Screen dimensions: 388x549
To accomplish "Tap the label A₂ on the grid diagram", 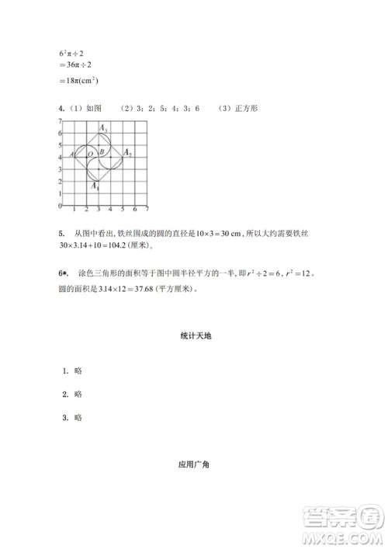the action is tap(127, 155).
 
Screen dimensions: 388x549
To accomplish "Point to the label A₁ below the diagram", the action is tap(95, 186).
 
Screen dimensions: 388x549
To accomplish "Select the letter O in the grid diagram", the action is tap(91, 155).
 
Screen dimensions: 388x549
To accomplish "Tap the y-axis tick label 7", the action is tap(60, 122).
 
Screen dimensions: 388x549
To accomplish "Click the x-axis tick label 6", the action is tap(135, 210).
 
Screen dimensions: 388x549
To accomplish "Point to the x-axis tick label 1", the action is tap(73, 210).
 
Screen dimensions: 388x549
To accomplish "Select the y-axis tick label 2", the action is tap(60, 181).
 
